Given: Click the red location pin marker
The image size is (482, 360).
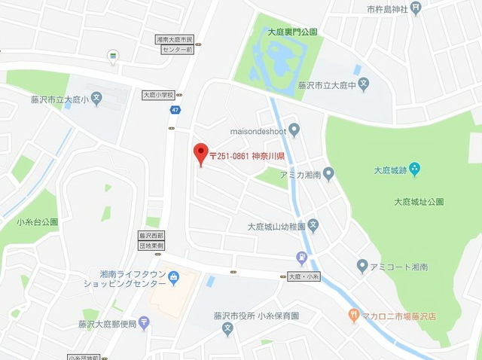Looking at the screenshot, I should [200, 153].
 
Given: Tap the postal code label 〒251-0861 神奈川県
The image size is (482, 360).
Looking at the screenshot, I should [246, 156].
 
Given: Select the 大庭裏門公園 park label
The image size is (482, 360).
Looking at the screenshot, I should [291, 32].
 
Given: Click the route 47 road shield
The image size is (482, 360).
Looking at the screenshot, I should [175, 110].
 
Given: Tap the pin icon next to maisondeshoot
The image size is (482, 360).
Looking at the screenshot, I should [294, 130].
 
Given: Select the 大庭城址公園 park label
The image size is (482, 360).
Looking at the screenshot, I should [419, 202].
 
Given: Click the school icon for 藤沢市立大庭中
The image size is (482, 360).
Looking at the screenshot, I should [363, 85].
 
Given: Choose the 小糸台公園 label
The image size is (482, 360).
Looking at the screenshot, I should [37, 222].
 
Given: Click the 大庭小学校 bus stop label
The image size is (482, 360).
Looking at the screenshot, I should [158, 96].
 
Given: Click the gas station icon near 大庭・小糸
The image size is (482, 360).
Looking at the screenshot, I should [302, 258].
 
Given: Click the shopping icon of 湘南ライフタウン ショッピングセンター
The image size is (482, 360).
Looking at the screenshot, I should [174, 279].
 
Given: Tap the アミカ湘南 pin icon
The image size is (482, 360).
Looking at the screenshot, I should [328, 175].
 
